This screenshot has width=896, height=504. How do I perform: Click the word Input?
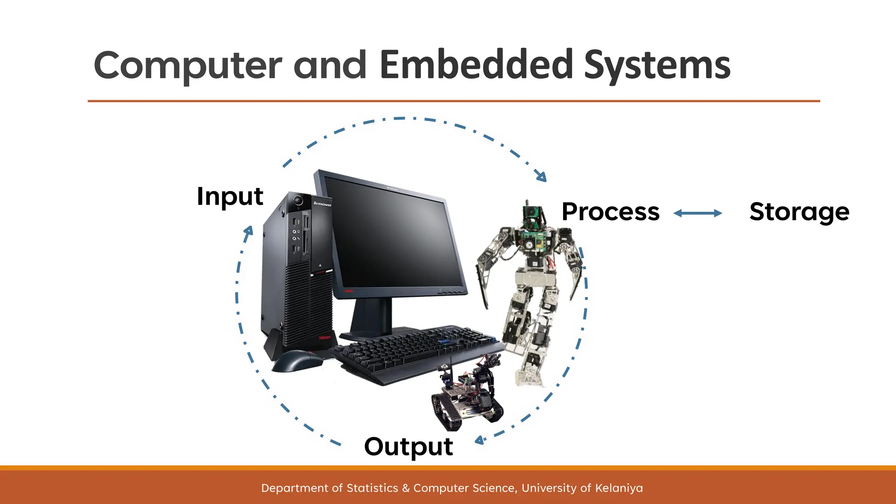(x=230, y=196)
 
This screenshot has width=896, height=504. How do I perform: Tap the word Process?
(x=610, y=212)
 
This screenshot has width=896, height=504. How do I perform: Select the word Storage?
(x=799, y=212)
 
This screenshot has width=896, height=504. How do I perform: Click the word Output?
(x=408, y=447)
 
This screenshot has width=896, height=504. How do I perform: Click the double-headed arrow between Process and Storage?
(x=697, y=213)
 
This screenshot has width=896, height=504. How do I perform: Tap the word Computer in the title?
(x=188, y=66)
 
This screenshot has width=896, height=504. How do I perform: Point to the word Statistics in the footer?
(x=372, y=488)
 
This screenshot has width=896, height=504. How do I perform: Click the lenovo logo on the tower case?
(x=322, y=204)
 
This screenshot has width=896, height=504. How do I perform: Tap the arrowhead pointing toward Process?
(x=542, y=177)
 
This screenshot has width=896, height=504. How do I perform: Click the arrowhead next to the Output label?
(x=479, y=440)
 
